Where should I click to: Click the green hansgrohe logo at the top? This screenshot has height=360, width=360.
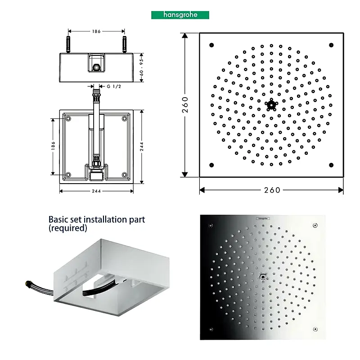click(x=180, y=15)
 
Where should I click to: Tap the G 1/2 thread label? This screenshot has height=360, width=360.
click(x=114, y=86)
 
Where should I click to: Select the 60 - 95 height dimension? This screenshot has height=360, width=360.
click(x=141, y=67)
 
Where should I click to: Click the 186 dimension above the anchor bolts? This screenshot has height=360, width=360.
click(x=96, y=31)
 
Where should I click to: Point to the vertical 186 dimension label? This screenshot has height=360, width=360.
click(x=53, y=145)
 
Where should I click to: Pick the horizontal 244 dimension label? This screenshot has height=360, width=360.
click(x=96, y=191)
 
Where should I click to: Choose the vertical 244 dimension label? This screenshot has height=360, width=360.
click(x=142, y=147)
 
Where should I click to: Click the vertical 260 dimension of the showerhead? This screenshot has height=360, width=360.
click(x=185, y=105)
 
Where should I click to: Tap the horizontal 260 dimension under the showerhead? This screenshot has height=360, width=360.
click(x=272, y=190)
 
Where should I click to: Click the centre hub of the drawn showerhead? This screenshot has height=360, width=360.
click(x=271, y=105)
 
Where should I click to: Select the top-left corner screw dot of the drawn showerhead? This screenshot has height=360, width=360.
click(x=211, y=45)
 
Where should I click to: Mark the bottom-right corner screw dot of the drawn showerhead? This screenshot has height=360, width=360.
click(x=331, y=165)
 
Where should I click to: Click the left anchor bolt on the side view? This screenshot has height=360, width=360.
click(x=68, y=45)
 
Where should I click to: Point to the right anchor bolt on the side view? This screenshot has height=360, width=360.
click(x=125, y=45)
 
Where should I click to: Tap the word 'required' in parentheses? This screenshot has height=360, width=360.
click(x=68, y=228)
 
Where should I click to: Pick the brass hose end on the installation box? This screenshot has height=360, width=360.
click(x=28, y=284)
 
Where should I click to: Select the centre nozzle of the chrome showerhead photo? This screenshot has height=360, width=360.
click(x=263, y=277)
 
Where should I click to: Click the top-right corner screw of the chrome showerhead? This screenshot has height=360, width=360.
click(x=315, y=225)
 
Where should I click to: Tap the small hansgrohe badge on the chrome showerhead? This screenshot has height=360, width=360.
click(x=263, y=218)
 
